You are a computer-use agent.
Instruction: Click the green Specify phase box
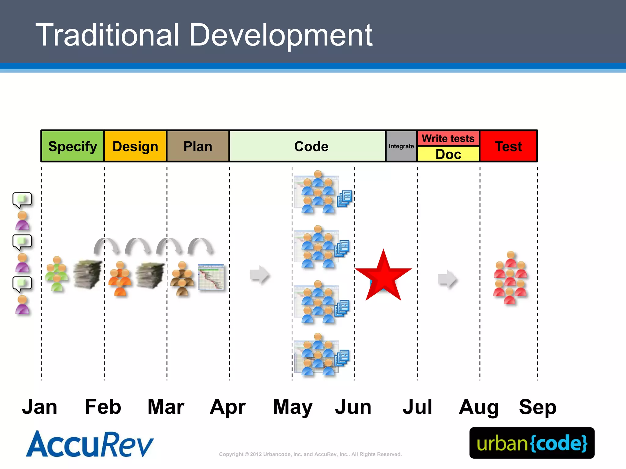[x=72, y=146]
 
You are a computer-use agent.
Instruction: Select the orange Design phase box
[x=135, y=146]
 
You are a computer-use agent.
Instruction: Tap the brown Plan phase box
[x=198, y=146]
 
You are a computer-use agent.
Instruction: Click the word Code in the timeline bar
[x=311, y=146]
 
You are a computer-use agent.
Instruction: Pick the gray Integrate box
[x=401, y=146]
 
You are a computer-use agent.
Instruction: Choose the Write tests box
[x=448, y=138]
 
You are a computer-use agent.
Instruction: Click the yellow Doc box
[x=448, y=154]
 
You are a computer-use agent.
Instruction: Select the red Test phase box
[x=508, y=146]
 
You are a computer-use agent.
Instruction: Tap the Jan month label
[x=40, y=407]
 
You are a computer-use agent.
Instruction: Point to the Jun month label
[x=353, y=407]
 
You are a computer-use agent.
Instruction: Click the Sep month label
[x=537, y=407]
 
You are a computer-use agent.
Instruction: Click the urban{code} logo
[x=532, y=443]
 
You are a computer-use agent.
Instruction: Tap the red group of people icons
[x=510, y=278]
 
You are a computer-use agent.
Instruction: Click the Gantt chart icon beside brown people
[x=211, y=277]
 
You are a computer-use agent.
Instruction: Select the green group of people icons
[x=57, y=274]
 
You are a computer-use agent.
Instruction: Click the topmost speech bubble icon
[x=22, y=200]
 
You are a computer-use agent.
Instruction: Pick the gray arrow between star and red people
[x=447, y=279]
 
